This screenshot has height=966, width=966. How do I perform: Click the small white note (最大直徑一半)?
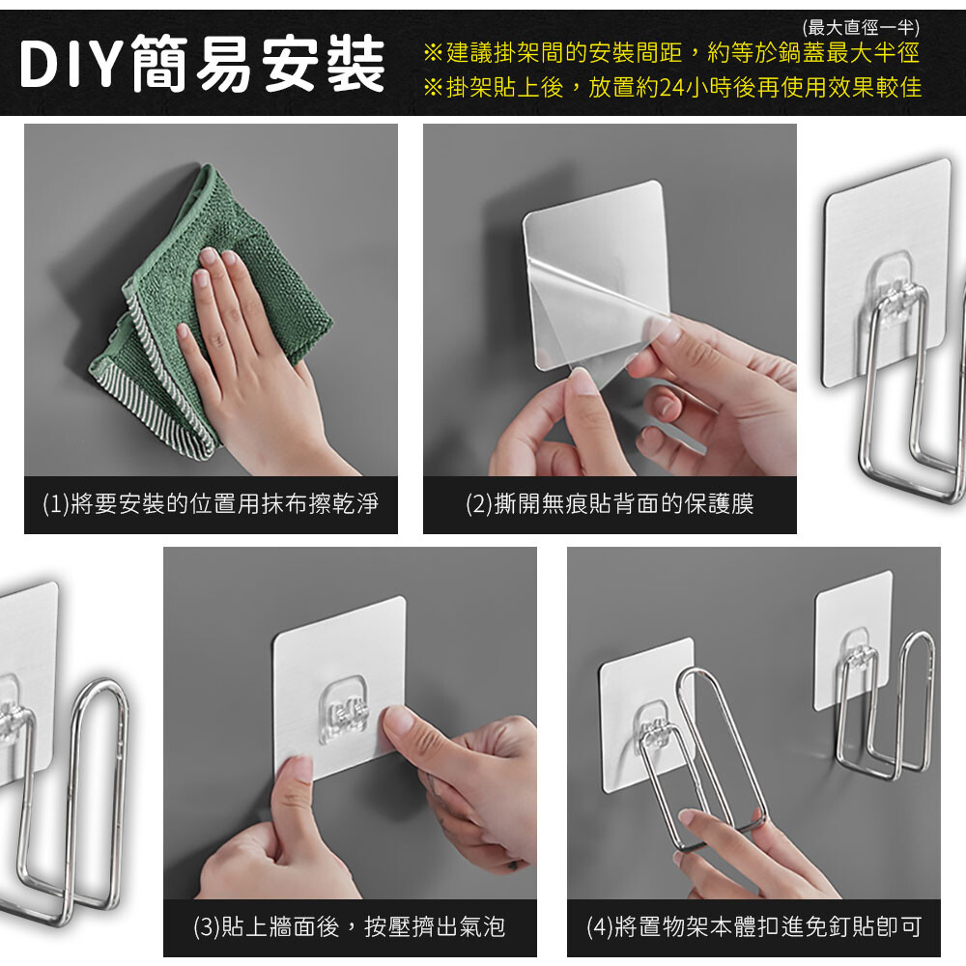(861, 27)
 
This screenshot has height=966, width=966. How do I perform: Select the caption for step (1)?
(211, 504)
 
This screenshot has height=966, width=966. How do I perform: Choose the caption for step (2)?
(610, 504)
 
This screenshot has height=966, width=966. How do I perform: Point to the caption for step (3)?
(350, 926)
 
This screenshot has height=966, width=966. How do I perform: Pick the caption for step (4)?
(753, 926)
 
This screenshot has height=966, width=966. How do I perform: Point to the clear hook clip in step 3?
(345, 709)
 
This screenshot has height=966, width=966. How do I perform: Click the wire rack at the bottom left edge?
(68, 801)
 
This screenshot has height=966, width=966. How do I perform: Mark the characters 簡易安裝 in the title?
(259, 64)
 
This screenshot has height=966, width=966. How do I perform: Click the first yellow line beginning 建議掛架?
(671, 53)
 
